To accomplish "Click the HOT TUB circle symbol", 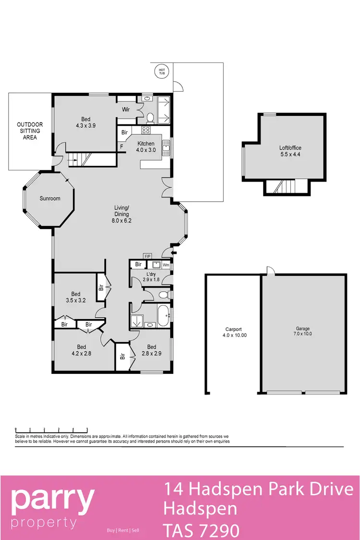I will [x=162, y=72].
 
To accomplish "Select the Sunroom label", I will [x=50, y=198].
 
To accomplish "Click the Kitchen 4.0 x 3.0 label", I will [x=146, y=147].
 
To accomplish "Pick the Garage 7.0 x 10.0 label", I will [x=303, y=331].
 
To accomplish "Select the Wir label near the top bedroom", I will [x=126, y=110].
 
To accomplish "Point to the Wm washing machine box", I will [x=166, y=265].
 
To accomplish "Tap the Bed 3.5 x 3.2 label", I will [x=76, y=297].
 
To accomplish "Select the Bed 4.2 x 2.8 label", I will [x=82, y=350].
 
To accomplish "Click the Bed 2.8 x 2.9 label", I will [x=152, y=350].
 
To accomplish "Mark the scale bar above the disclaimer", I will [x=51, y=429].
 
